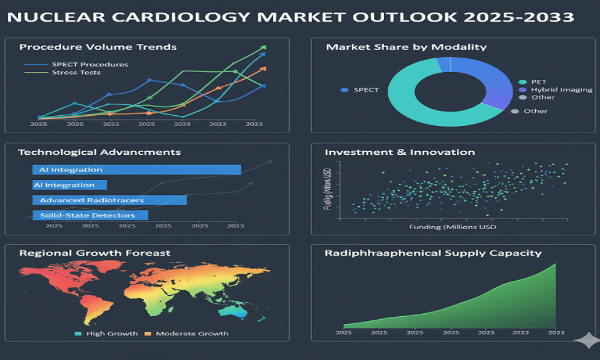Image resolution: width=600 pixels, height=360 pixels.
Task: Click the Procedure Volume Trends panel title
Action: [x=98, y=47]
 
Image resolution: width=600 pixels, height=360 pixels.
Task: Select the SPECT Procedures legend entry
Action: [x=89, y=64]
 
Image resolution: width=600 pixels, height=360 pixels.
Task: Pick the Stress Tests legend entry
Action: [x=76, y=73]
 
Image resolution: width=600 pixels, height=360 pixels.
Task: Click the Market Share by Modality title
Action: [x=406, y=47]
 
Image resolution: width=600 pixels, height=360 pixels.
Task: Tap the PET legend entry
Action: [x=538, y=82]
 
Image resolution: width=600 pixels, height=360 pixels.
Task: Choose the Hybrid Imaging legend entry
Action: [x=561, y=89]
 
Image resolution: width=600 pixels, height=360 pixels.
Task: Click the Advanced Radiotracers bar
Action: [x=109, y=200]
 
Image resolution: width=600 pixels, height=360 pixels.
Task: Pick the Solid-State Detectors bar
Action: [x=90, y=215]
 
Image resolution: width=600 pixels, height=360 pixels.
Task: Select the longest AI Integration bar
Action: [x=137, y=170]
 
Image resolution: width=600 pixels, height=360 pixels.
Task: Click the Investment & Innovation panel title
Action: [x=400, y=152]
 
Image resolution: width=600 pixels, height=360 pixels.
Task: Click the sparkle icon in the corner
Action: [x=586, y=341]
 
